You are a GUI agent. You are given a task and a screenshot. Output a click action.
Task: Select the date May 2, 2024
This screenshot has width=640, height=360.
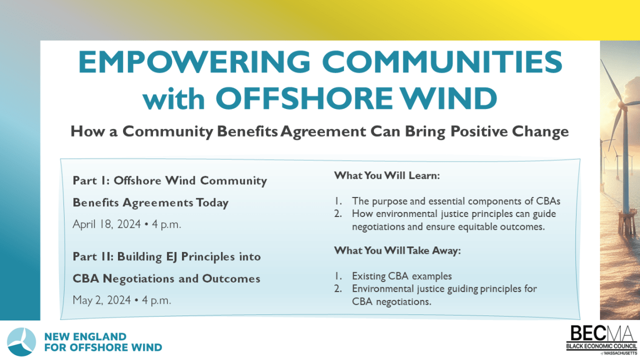pyautogui.click(x=102, y=300)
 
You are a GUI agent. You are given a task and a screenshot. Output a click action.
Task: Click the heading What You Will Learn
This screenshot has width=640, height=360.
pyautogui.click(x=387, y=175)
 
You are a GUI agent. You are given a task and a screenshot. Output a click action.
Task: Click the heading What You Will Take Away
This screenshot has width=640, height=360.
pyautogui.click(x=397, y=251)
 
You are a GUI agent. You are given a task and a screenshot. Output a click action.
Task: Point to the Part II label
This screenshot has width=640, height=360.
pyautogui.click(x=91, y=257)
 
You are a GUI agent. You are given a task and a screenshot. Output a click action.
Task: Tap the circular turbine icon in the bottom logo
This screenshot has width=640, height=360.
pyautogui.click(x=22, y=342)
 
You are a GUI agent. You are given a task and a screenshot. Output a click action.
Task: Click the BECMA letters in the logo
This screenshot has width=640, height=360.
pyautogui.click(x=602, y=334)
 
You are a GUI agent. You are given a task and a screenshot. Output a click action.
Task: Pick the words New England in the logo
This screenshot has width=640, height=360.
pyautogui.click(x=85, y=337)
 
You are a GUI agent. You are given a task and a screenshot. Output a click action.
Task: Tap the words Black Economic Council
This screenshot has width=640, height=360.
pyautogui.click(x=602, y=347)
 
